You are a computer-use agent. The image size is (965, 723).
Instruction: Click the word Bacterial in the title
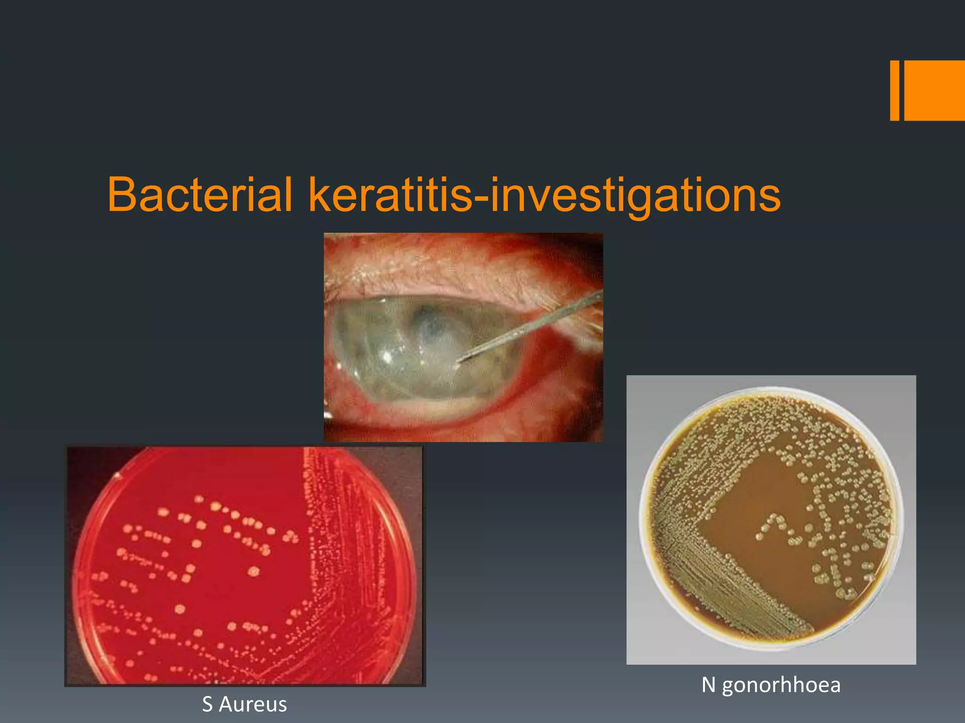(x=200, y=194)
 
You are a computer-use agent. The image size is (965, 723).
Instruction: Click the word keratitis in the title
(x=390, y=194)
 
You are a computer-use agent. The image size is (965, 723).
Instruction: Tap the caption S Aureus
(x=244, y=705)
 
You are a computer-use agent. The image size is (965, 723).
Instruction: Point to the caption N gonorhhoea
(x=771, y=685)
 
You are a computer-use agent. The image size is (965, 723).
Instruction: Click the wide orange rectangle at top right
(x=934, y=90)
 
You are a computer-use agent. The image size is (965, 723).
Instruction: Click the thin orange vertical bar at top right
(x=894, y=90)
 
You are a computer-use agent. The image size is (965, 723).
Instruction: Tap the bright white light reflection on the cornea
(x=387, y=356)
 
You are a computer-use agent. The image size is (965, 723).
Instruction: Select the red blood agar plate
(x=245, y=565)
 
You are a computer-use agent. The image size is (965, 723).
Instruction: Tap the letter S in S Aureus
(x=207, y=705)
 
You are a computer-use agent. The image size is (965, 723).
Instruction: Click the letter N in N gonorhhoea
(x=708, y=685)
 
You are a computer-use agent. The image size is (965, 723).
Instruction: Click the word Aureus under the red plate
(x=253, y=705)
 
